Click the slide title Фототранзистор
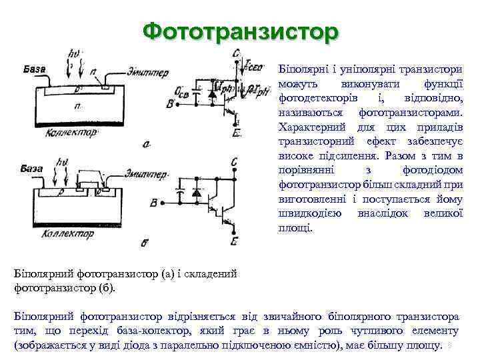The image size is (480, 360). pyautogui.click(x=240, y=31)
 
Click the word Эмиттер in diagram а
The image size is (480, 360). pyautogui.click(x=147, y=72)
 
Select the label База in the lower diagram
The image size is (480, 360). pyautogui.click(x=32, y=168)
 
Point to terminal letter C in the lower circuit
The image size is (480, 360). pyautogui.click(x=236, y=162)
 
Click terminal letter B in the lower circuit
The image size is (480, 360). pyautogui.click(x=155, y=203)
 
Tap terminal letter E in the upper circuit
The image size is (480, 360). pyautogui.click(x=237, y=133)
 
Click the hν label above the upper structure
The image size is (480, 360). pyautogui.click(x=75, y=53)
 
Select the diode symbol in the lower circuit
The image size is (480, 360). pyautogui.click(x=197, y=193)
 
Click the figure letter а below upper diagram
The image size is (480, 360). pyautogui.click(x=146, y=143)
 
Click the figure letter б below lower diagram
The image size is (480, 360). pyautogui.click(x=145, y=243)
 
